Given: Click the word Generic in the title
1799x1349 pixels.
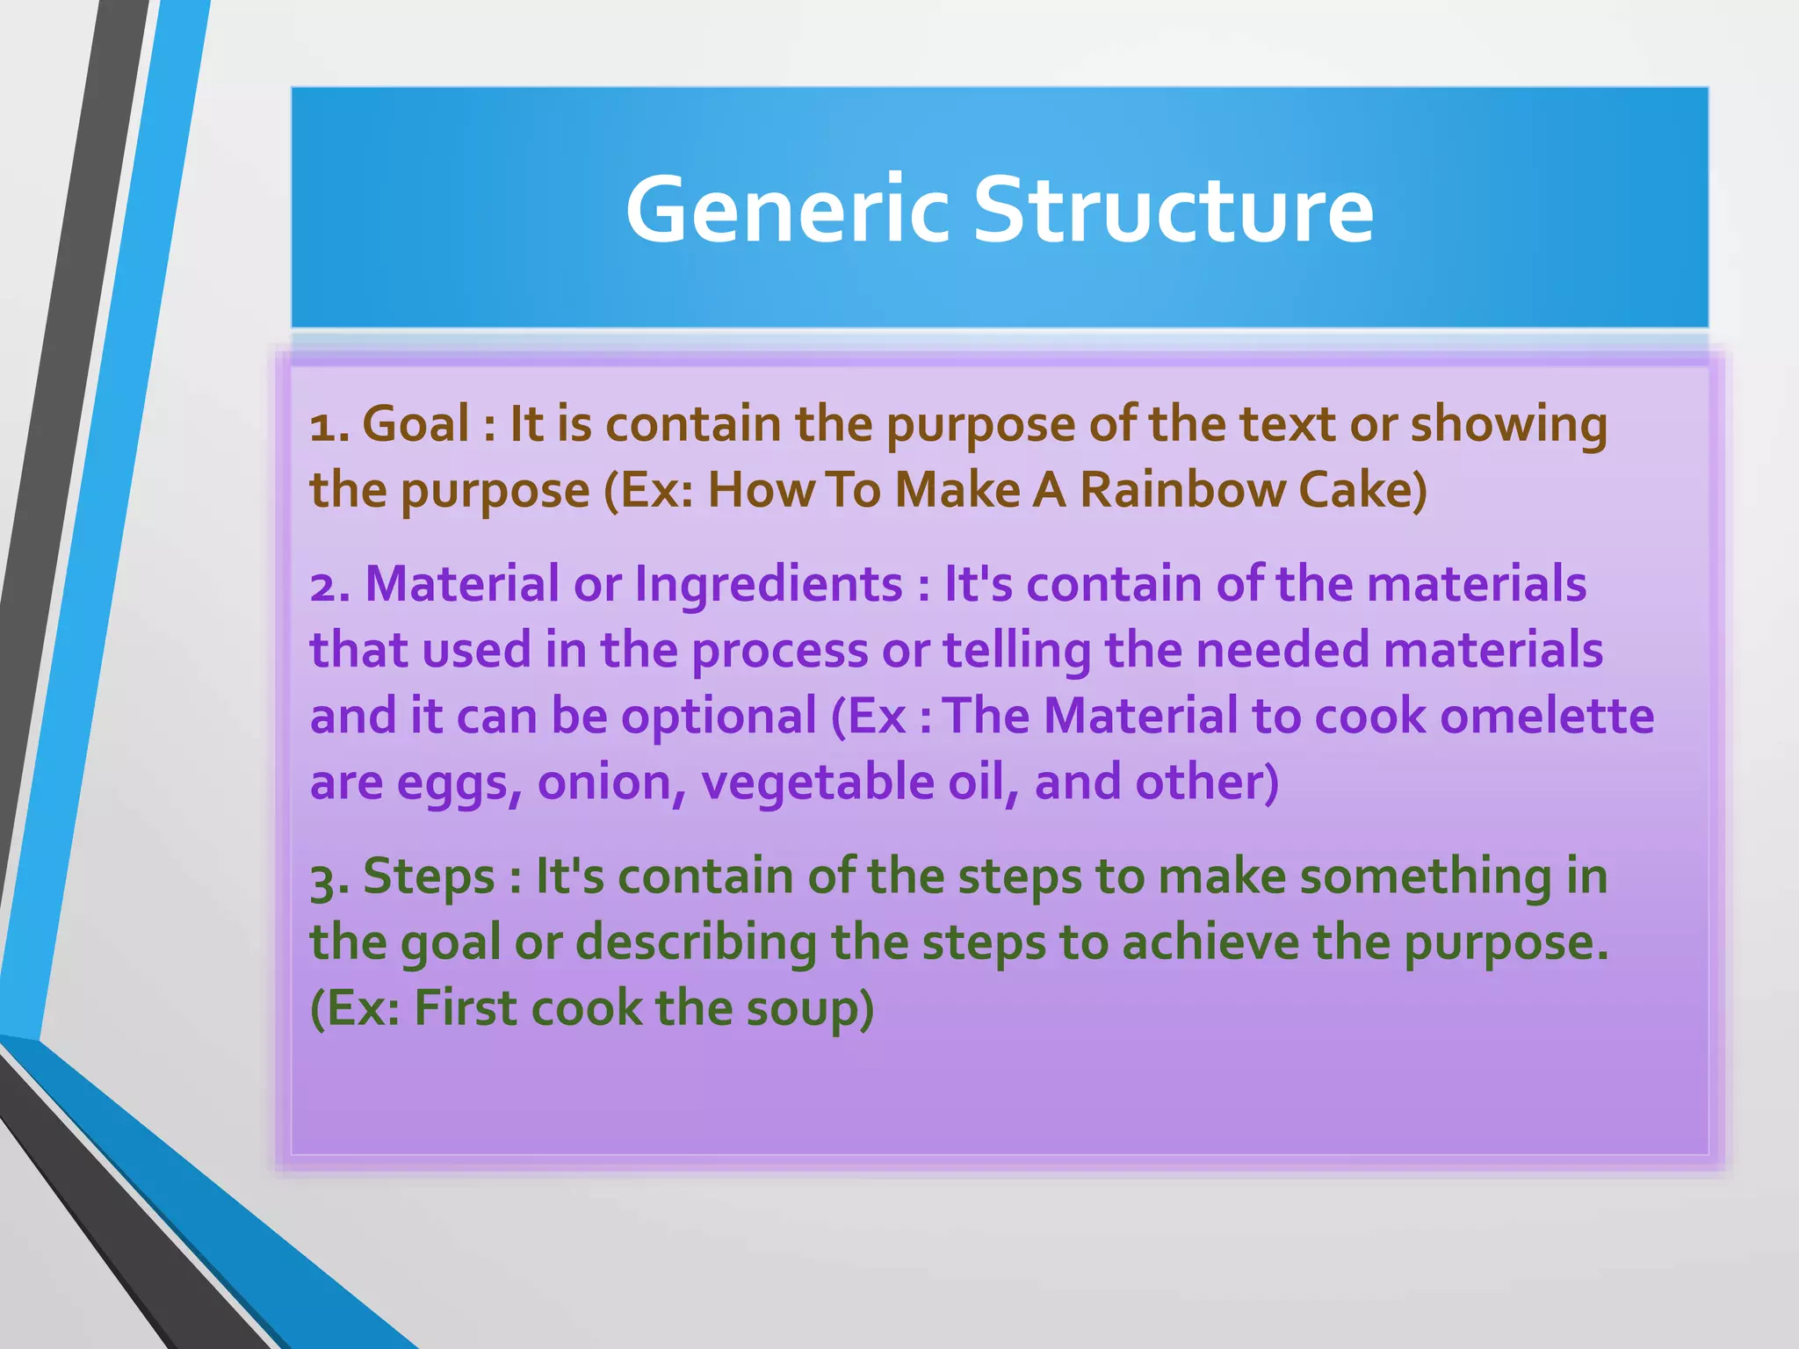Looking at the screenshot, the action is click(787, 211).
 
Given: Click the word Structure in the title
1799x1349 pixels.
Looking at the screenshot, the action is click(1174, 211).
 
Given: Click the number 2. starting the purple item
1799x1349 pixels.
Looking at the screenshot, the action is click(330, 585).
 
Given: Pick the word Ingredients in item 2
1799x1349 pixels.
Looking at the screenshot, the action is click(769, 585).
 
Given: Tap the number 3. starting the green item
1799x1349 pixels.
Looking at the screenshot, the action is click(330, 878).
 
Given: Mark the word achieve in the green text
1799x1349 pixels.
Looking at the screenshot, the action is click(1210, 942).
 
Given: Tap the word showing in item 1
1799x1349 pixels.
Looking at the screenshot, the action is click(1508, 426).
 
